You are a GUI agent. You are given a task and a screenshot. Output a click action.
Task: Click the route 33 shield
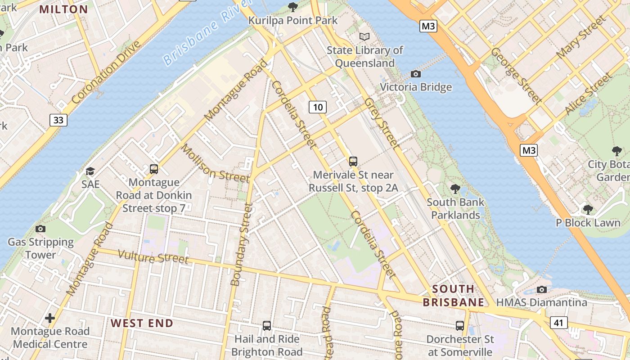[x=58, y=120]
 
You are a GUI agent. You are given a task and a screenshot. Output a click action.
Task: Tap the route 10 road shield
[x=318, y=107]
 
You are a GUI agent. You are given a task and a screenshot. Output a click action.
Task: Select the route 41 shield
[x=558, y=322]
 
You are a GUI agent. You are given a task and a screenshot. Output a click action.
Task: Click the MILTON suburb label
[x=63, y=9]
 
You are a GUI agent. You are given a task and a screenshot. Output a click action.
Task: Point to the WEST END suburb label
[x=142, y=323]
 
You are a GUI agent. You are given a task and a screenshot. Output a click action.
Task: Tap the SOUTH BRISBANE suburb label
[x=453, y=295]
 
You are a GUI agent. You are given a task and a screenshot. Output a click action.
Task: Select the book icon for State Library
[x=364, y=36]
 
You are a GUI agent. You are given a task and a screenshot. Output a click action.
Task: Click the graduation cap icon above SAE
[x=90, y=171]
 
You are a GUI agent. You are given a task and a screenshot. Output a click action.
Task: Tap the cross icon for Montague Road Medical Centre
[x=50, y=318]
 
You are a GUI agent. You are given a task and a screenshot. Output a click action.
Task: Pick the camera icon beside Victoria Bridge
[x=416, y=74]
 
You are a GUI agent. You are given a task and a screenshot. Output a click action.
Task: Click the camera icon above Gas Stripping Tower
[x=40, y=229]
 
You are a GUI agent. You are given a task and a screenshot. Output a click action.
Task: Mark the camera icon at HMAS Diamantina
[x=542, y=289]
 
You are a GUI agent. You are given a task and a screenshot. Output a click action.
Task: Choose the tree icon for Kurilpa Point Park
[x=293, y=7]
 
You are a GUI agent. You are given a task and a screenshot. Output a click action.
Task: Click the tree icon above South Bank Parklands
[x=455, y=189]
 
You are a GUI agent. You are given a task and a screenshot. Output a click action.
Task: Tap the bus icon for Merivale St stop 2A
[x=353, y=161]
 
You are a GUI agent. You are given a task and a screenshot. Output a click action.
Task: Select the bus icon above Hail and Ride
[x=267, y=325]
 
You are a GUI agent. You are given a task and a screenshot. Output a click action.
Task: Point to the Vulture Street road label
[x=153, y=257]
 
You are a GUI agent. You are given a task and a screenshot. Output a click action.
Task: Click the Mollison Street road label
[x=215, y=163]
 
